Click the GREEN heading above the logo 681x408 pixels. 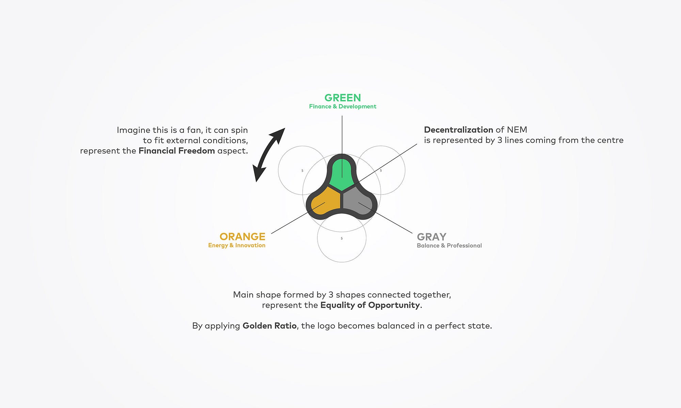[343, 98]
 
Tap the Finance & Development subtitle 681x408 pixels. [343, 106]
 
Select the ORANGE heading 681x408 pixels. [242, 237]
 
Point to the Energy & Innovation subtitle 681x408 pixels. [237, 245]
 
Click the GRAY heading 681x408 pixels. [432, 237]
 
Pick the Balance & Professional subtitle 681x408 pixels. [449, 245]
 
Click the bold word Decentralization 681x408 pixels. [458, 130]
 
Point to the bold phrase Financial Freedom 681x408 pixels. [177, 151]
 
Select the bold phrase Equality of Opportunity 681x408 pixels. [370, 305]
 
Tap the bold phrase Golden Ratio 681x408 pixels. [269, 326]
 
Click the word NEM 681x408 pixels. [517, 130]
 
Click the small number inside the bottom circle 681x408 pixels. [342, 238]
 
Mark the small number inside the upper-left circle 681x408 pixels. [302, 171]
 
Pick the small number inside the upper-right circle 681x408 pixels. [381, 171]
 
